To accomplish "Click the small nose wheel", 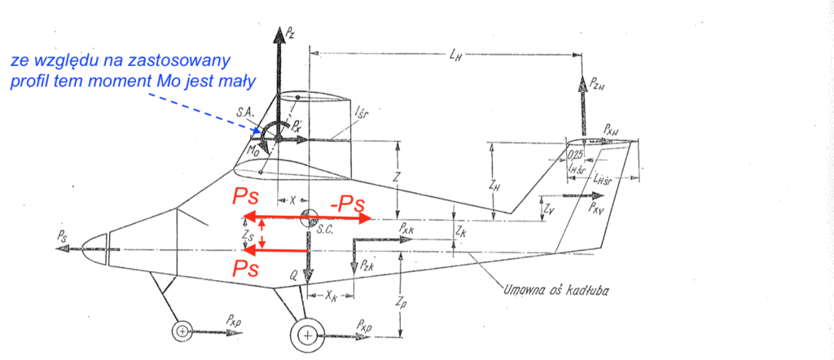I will pos(182,331).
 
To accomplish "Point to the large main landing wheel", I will pos(306,335).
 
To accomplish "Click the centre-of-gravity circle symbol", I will pos(309,218).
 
